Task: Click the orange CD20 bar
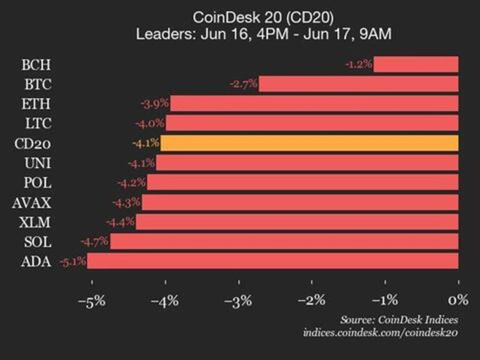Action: pyautogui.click(x=309, y=143)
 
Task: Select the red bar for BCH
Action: pyautogui.click(x=416, y=64)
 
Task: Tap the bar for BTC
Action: pyautogui.click(x=358, y=84)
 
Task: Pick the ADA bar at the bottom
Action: pyautogui.click(x=272, y=261)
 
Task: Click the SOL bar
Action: pyautogui.click(x=284, y=241)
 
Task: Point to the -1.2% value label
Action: pyautogui.click(x=359, y=64)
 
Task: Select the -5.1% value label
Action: pyautogui.click(x=72, y=261)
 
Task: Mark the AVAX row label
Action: pyautogui.click(x=35, y=202)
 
